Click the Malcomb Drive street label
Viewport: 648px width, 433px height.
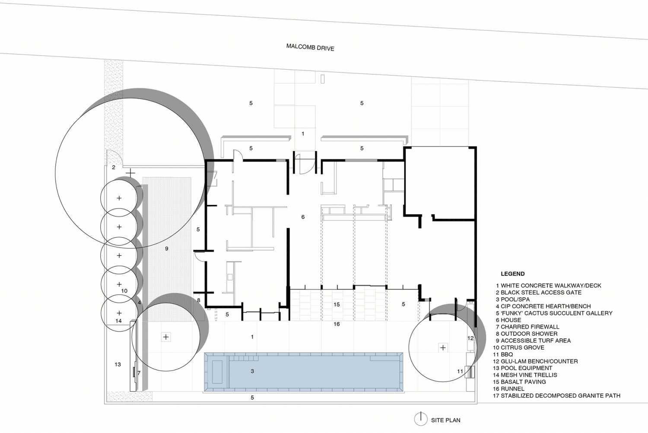pyautogui.click(x=310, y=48)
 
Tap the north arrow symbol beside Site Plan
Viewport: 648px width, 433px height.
pyautogui.click(x=420, y=419)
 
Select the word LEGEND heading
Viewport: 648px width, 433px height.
pyautogui.click(x=513, y=274)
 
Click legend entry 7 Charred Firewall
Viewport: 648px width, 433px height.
pyautogui.click(x=527, y=327)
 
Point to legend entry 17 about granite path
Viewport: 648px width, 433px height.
pyautogui.click(x=556, y=396)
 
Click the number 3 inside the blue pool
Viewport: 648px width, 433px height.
pyautogui.click(x=252, y=371)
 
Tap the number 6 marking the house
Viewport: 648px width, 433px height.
pyautogui.click(x=303, y=217)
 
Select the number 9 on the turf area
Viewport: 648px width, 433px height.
pyautogui.click(x=167, y=248)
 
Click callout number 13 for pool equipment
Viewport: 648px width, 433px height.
pyautogui.click(x=118, y=364)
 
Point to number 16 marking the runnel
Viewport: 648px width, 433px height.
pyautogui.click(x=337, y=324)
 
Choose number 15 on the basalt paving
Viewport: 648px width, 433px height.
pyautogui.click(x=337, y=305)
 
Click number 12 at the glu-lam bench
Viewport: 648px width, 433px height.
pyautogui.click(x=470, y=338)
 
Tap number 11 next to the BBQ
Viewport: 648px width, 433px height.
pyautogui.click(x=460, y=371)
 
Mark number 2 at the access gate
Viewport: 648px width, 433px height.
pyautogui.click(x=114, y=167)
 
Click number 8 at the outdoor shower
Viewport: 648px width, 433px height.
pyautogui.click(x=198, y=300)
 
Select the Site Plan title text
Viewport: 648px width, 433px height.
pyautogui.click(x=445, y=420)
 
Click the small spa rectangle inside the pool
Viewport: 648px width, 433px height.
pyautogui.click(x=218, y=372)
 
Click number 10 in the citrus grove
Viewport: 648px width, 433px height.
pyautogui.click(x=124, y=291)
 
